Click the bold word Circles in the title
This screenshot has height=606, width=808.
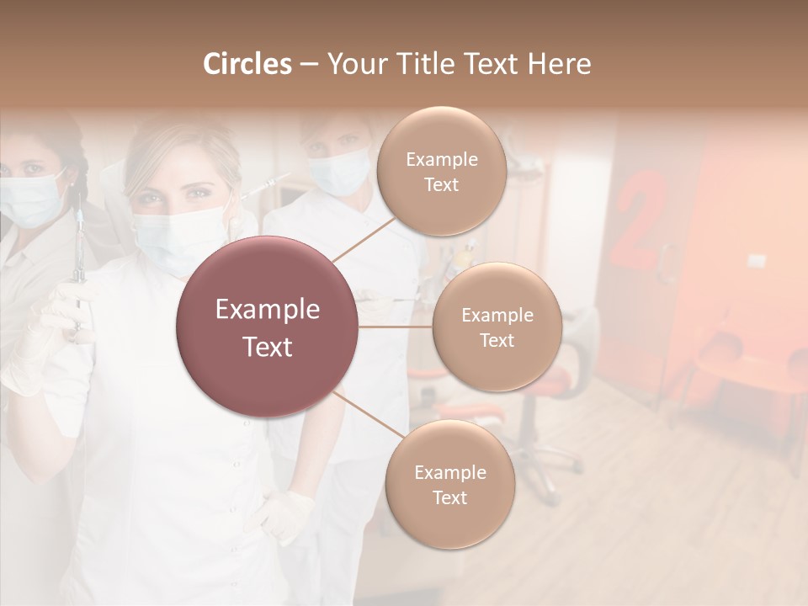coord(247,64)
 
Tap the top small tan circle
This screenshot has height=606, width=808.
coord(442,171)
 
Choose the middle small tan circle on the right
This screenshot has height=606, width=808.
coord(497,327)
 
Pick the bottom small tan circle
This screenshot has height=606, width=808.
coord(449,484)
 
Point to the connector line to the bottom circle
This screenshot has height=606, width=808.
coord(365,412)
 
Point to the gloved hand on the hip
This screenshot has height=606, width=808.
coord(285,514)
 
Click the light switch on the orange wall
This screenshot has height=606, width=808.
coord(757,261)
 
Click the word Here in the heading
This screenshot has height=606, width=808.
coord(561,64)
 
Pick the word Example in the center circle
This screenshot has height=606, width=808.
coord(268,310)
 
